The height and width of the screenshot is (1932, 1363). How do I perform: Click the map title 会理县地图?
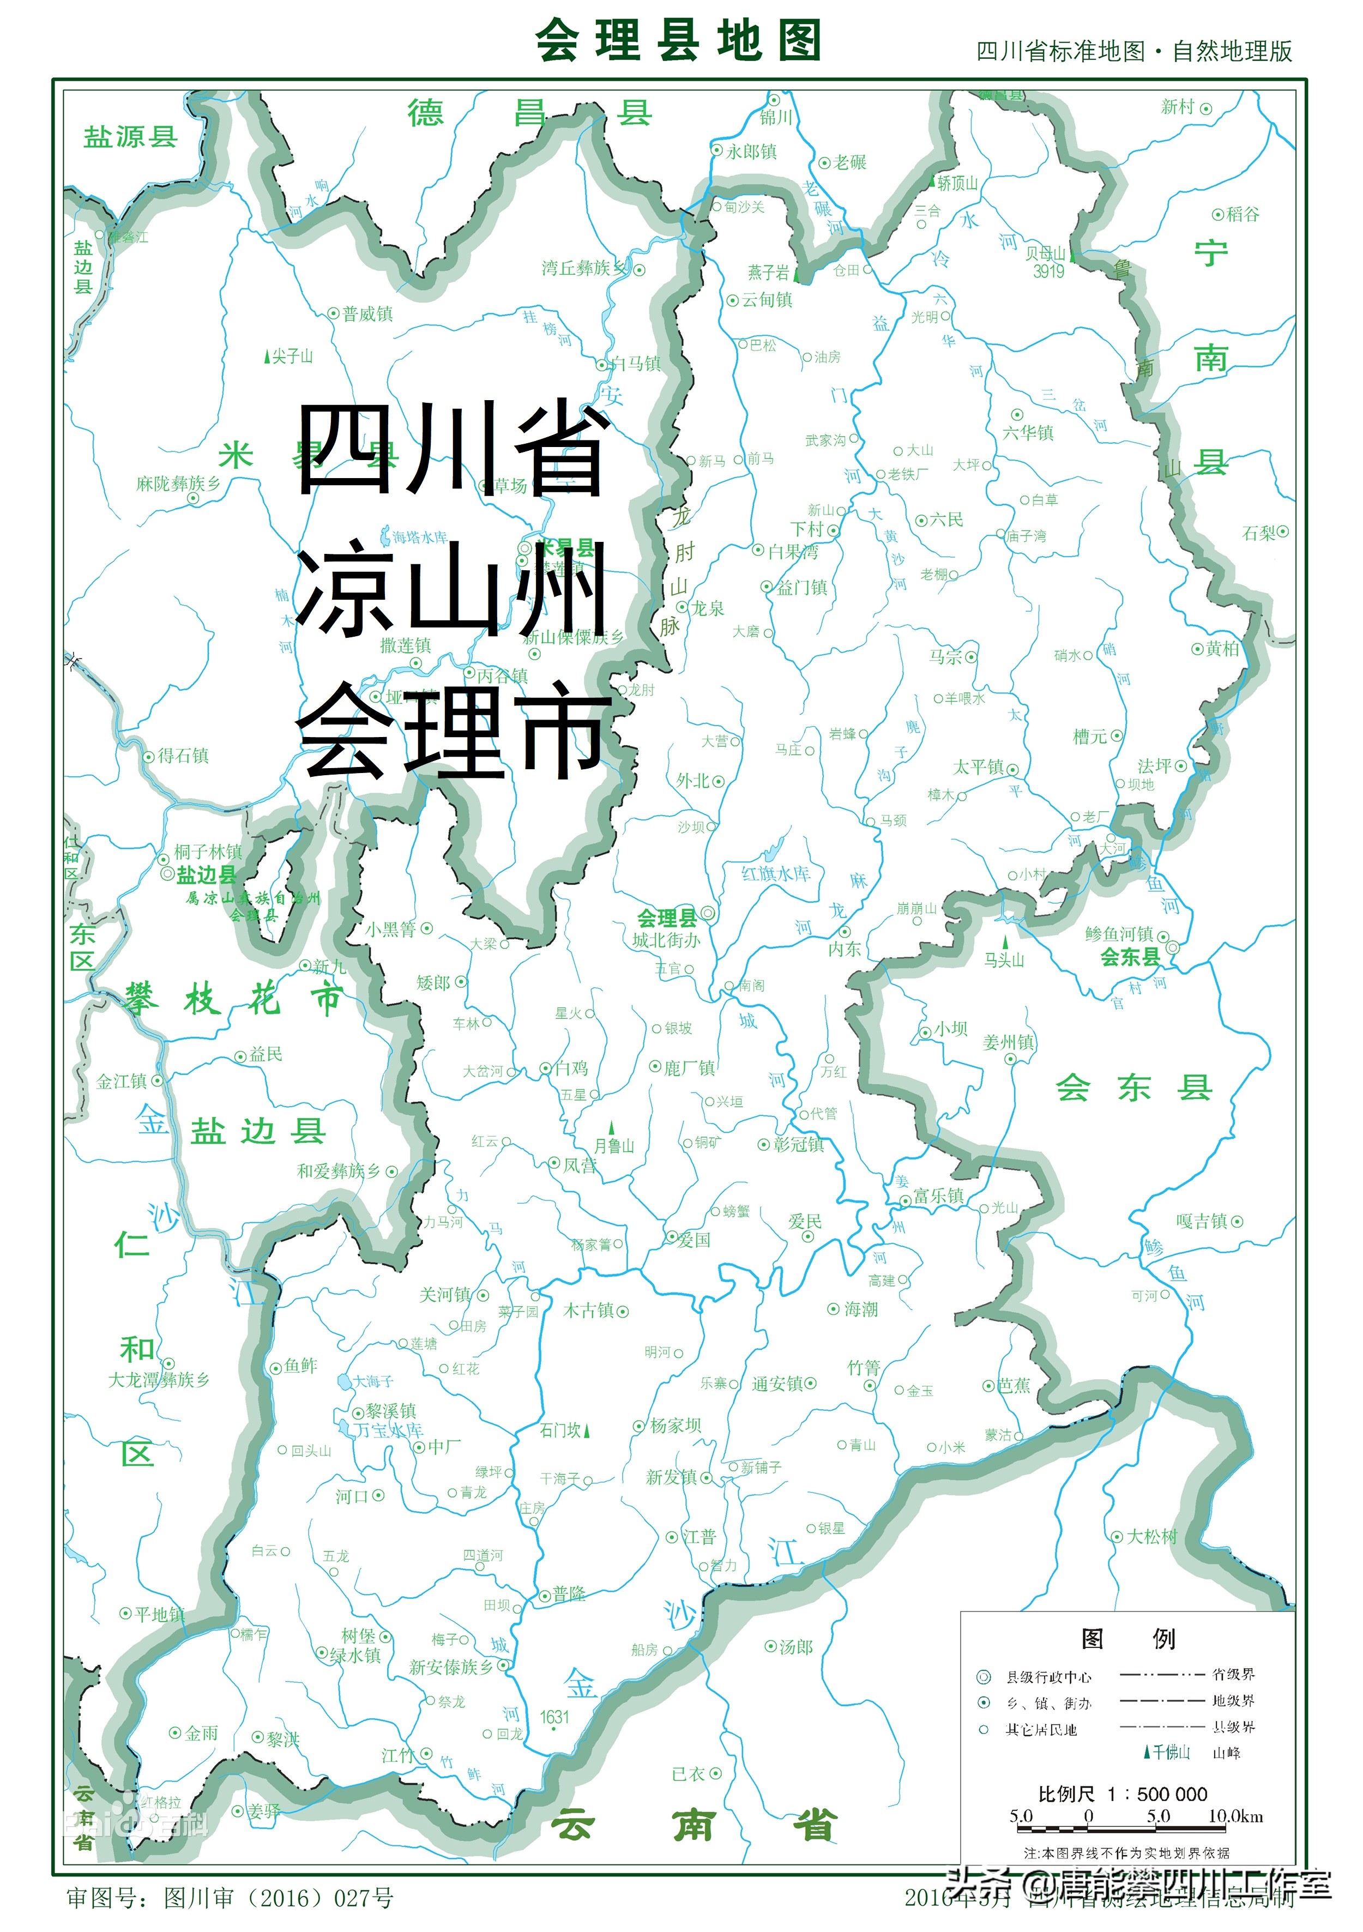click(x=678, y=40)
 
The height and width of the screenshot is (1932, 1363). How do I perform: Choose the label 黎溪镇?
click(x=390, y=1410)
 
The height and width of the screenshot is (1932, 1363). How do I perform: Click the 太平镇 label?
click(x=979, y=766)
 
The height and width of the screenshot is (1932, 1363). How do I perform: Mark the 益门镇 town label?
click(x=802, y=587)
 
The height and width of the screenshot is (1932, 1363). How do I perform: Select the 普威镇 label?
click(x=367, y=314)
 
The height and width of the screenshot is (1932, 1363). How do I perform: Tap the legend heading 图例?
click(x=1127, y=1638)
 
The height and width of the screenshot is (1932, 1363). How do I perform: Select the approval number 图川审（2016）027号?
click(x=278, y=1898)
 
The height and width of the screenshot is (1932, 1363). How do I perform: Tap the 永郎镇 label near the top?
click(x=751, y=152)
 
